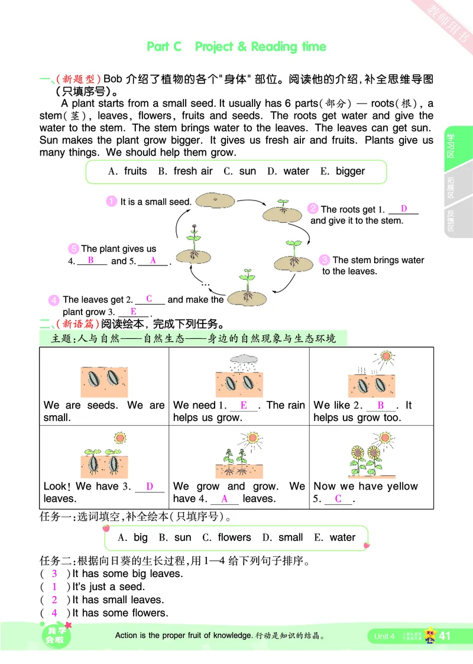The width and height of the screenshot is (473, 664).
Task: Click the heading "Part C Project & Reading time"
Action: [236, 47]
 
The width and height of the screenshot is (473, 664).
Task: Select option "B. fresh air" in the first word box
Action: [185, 171]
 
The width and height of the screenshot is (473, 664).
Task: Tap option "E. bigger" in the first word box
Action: [342, 171]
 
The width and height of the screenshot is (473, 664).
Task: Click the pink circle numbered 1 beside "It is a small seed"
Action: [111, 201]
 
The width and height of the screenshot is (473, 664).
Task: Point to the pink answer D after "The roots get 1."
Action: [404, 209]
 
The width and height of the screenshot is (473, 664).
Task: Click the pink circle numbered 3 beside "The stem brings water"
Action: [324, 260]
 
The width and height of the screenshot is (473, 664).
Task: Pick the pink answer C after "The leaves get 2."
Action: [149, 299]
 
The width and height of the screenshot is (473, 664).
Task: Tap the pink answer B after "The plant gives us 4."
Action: [91, 260]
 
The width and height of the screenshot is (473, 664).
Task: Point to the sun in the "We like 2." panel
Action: [386, 357]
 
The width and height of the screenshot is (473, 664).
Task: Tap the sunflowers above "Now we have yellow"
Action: [365, 459]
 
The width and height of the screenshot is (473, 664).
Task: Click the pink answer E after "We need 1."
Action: [244, 406]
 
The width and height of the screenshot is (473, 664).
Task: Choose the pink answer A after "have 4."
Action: [225, 498]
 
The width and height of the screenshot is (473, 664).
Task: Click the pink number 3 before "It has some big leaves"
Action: [54, 574]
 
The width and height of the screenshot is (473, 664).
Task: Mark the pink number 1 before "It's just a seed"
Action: [54, 587]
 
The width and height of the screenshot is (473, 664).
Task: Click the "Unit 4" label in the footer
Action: [384, 636]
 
